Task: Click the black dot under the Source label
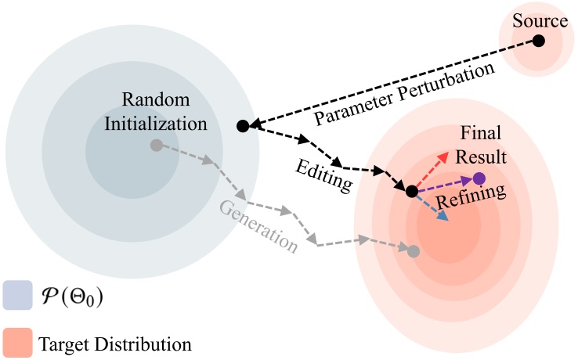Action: (539, 40)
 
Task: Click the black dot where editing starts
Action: (242, 125)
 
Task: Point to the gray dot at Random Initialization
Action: (156, 145)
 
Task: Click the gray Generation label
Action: (258, 226)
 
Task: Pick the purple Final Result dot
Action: (479, 178)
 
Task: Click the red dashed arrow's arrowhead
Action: (446, 155)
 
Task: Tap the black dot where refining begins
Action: (411, 191)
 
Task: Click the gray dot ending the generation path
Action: (413, 251)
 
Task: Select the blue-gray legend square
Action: (17, 296)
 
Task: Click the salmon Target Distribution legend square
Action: (17, 342)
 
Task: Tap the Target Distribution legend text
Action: (114, 343)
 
